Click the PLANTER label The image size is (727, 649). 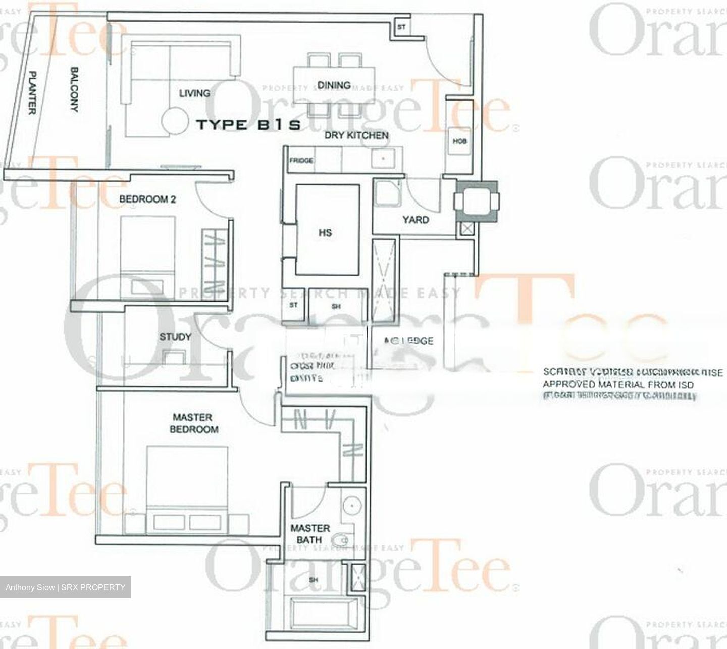point(31,92)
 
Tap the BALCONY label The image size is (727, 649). point(74,89)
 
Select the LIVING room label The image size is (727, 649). point(194,93)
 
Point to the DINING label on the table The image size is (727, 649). point(334,85)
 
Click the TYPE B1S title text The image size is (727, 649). point(248,125)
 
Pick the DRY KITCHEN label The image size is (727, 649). point(356,135)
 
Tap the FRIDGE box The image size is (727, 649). point(301,161)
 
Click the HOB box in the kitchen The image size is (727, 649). point(459,141)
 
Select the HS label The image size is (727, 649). point(325,233)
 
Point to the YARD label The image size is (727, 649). point(416,220)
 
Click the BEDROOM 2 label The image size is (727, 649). point(147,199)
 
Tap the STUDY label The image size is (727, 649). point(175,337)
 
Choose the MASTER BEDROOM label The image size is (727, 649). point(194,423)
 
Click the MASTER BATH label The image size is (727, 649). point(309,534)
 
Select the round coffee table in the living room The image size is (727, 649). point(174,121)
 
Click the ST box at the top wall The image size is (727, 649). point(401,27)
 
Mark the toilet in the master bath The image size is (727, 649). point(345,541)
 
